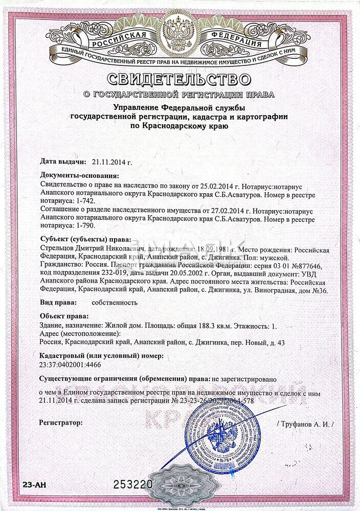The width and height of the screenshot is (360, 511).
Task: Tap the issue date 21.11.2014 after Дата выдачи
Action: tap(111, 162)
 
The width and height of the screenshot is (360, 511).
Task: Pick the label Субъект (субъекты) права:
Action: tap(85, 239)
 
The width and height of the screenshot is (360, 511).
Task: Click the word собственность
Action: tap(115, 302)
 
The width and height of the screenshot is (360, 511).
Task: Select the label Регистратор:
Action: tap(60, 423)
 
